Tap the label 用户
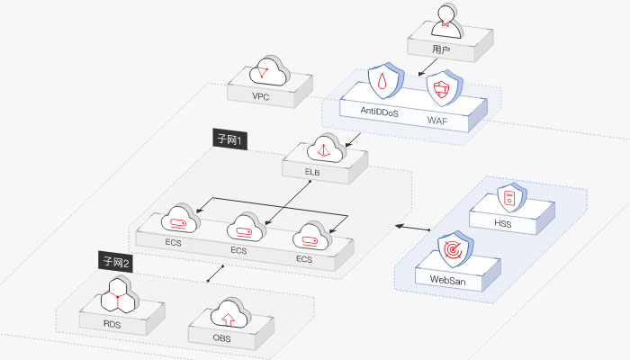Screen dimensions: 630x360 (x=441, y=49)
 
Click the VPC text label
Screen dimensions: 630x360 (x=260, y=96)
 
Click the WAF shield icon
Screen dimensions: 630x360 (x=444, y=88)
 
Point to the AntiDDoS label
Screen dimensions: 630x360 (x=379, y=112)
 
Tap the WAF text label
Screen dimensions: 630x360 (x=437, y=120)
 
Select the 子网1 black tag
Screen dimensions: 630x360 (x=229, y=139)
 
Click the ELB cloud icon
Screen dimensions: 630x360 (x=326, y=148)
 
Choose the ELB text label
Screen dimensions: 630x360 (x=312, y=172)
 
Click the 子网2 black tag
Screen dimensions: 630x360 (x=116, y=263)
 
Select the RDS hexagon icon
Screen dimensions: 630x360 (x=119, y=295)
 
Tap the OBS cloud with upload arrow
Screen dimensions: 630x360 (x=230, y=313)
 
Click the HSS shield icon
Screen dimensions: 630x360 (x=511, y=197)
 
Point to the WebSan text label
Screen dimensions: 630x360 (x=447, y=280)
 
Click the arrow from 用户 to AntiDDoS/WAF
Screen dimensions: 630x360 (x=427, y=67)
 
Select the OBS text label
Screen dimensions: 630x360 (x=221, y=337)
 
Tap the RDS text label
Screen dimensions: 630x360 (x=112, y=324)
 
